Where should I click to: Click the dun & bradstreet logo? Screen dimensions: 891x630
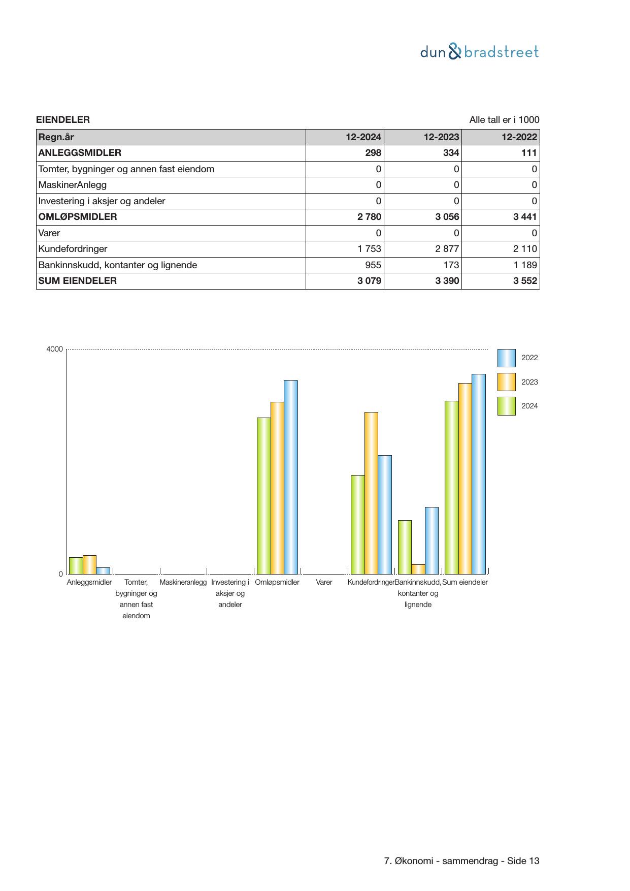[479, 52]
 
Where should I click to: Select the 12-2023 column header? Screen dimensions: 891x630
[442, 137]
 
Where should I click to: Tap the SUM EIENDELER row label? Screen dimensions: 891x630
[78, 281]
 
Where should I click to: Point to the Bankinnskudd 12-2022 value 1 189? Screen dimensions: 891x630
[525, 265]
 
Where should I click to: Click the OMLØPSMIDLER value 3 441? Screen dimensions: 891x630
[525, 217]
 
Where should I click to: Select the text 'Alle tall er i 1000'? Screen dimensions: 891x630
[504, 120]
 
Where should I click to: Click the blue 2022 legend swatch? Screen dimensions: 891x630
[506, 358]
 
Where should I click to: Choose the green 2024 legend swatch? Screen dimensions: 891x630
[506, 406]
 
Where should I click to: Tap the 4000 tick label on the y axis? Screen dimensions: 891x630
[55, 349]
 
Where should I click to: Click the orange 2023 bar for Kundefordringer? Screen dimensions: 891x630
[371, 493]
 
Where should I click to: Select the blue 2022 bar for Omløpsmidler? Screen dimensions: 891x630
[290, 477]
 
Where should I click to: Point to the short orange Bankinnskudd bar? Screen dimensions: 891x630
[418, 569]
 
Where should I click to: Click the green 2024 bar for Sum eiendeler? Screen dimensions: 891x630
[451, 487]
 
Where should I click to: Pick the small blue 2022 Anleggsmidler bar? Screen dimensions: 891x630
[103, 570]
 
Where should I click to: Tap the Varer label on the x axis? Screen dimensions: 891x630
[324, 582]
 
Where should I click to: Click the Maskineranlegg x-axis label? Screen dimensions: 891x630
[183, 582]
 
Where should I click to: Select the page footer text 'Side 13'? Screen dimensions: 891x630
[523, 861]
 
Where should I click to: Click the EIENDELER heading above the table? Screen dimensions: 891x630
[63, 120]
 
